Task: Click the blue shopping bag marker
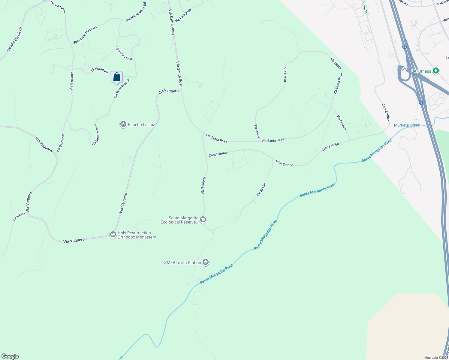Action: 116,77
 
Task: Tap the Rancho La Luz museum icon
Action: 123,124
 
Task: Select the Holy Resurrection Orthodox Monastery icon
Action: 113,234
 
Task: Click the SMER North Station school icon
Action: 206,262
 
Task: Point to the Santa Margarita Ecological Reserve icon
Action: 203,220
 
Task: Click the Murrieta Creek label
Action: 407,125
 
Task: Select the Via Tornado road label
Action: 204,185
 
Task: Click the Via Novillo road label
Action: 261,189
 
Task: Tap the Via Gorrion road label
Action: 342,123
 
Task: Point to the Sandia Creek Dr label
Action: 15,39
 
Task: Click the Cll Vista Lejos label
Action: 124,53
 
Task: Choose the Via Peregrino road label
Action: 183,15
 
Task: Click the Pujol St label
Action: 365,8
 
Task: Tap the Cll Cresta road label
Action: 19,216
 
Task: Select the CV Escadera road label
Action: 100,70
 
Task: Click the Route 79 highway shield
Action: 404,69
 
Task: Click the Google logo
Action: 10,356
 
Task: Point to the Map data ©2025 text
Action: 436,358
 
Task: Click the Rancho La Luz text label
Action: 141,124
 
